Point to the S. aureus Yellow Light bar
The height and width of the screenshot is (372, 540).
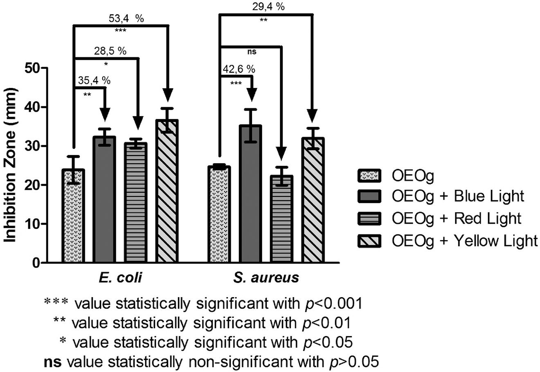point(313,200)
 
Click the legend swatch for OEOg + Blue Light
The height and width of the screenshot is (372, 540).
point(369,196)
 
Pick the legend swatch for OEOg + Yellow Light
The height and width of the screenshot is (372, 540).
point(369,241)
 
